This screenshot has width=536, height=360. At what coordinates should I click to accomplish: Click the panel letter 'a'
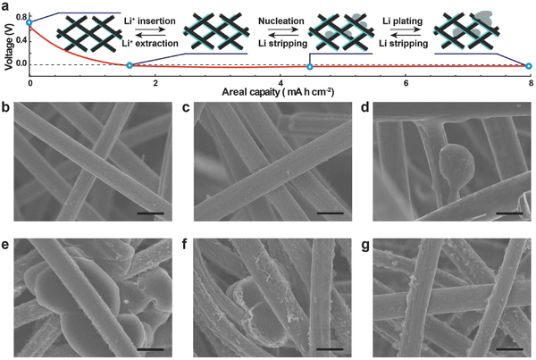point(6,6)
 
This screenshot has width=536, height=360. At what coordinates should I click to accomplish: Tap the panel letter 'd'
point(365,107)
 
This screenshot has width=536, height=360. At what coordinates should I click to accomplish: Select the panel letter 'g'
point(365,245)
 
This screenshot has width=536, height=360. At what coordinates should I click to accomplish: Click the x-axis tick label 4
point(281,83)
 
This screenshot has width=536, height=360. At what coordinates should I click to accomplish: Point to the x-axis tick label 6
point(406,83)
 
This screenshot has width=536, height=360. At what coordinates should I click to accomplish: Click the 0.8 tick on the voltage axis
point(21,16)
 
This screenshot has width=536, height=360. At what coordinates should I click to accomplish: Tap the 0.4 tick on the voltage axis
point(21,41)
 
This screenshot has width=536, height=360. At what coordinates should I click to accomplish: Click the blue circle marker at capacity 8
point(529,66)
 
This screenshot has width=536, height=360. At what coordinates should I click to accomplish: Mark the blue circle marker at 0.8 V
point(29,22)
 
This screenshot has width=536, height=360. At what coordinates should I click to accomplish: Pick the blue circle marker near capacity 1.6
point(130,65)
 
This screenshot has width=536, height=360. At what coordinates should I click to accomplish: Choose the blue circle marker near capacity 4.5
point(310,67)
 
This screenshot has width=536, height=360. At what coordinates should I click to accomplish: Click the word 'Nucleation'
point(281,21)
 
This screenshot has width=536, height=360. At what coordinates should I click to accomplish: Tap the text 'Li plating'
point(403,21)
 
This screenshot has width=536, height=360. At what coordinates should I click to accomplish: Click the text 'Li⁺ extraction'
point(150,44)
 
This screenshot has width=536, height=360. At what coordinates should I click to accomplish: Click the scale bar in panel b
point(150,213)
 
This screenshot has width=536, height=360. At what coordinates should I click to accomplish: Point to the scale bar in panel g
point(509,349)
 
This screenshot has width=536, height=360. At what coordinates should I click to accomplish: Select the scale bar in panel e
point(150,349)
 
